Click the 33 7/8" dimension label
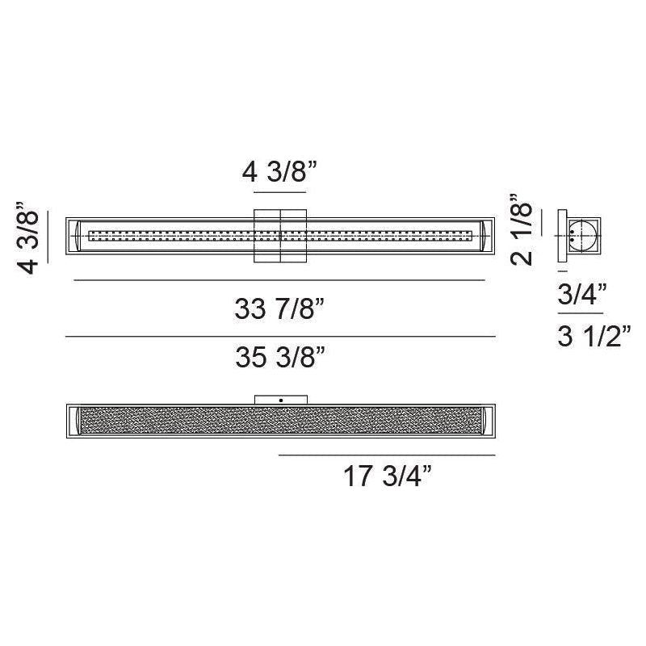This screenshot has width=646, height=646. pyautogui.click(x=279, y=308)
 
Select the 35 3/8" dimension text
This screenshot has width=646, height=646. pyautogui.click(x=280, y=356)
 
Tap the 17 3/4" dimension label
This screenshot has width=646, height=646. pyautogui.click(x=388, y=476)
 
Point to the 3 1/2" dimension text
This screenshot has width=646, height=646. pyautogui.click(x=594, y=336)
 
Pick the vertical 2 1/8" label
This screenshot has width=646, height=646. pyautogui.click(x=521, y=229)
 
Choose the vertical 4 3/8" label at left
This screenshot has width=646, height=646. pyautogui.click(x=27, y=237)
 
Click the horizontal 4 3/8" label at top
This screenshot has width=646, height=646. pyautogui.click(x=279, y=171)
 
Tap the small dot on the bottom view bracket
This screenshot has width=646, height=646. pyautogui.click(x=281, y=400)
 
